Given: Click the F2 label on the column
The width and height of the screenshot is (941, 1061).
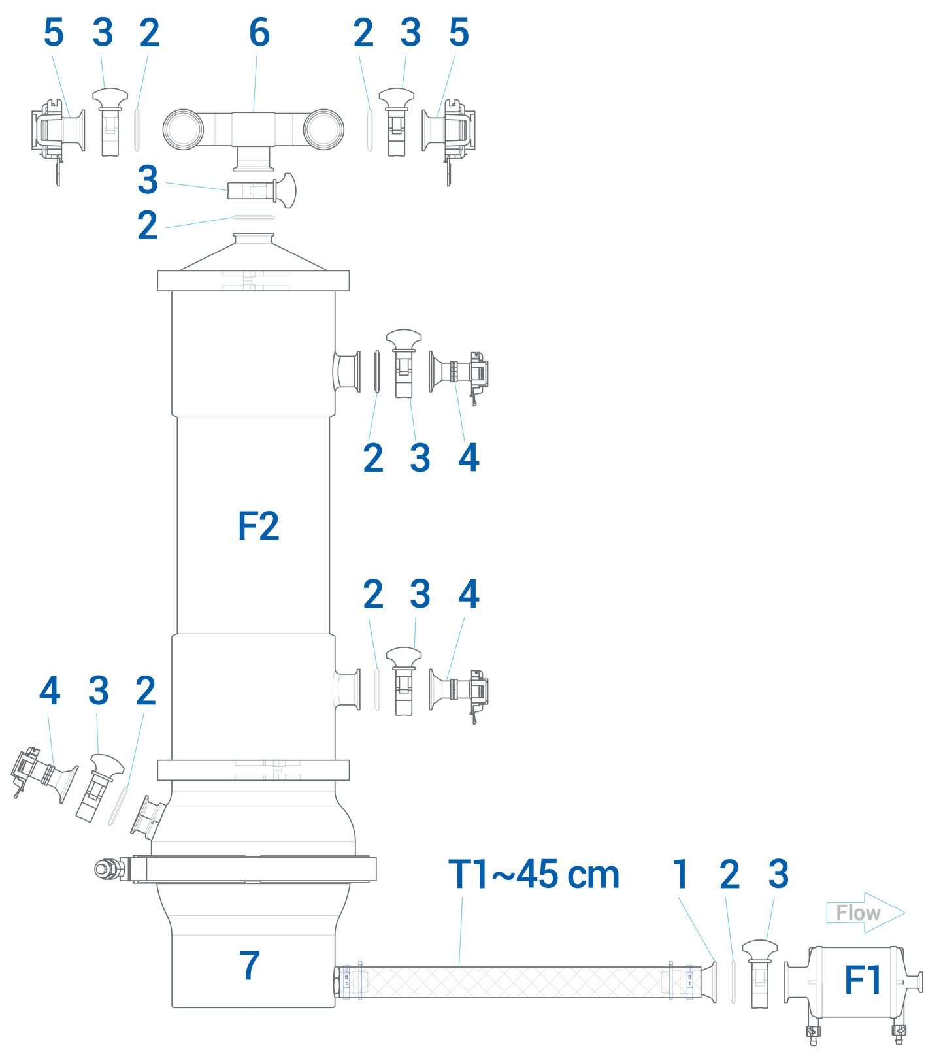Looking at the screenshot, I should click(x=258, y=527).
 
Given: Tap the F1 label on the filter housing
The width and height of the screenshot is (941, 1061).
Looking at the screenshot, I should click(x=863, y=980).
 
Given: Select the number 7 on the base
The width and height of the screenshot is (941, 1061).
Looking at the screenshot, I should click(x=250, y=965).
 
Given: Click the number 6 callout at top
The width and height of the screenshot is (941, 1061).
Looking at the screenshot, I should click(x=259, y=33).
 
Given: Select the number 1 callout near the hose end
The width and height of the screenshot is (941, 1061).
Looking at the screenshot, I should click(x=681, y=874).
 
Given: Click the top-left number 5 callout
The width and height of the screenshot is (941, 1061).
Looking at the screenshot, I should click(x=54, y=33).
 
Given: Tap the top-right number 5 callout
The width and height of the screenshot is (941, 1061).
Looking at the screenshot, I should click(x=459, y=33).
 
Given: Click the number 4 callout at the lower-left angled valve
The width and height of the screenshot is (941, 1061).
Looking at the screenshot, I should click(x=50, y=691).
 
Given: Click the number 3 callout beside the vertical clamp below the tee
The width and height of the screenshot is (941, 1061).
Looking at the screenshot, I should click(x=148, y=180).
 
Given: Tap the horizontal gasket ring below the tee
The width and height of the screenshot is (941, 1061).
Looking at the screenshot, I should click(x=254, y=217).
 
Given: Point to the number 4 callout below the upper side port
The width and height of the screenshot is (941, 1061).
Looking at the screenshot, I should click(x=469, y=457).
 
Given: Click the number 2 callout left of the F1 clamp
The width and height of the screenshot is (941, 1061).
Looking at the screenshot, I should click(x=729, y=874).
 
